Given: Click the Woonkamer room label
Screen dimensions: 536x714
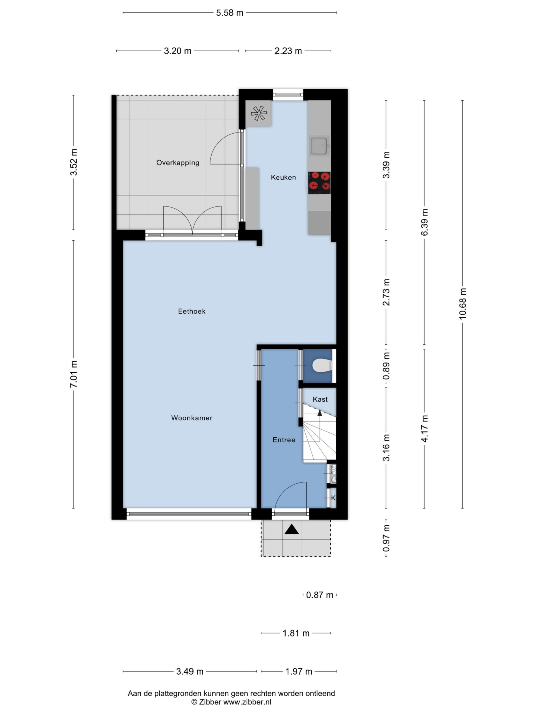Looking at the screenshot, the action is (192, 418).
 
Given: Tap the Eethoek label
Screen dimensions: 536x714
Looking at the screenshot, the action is (192, 312).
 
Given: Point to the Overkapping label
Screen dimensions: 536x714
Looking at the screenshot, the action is (178, 163).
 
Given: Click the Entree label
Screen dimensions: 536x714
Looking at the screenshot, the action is (284, 440).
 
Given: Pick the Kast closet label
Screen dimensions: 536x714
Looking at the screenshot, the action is (320, 399).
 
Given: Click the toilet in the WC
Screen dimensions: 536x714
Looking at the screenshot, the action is (322, 365).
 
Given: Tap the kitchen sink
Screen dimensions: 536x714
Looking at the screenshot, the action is (319, 146).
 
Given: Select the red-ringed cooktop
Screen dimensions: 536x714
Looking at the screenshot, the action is (319, 183).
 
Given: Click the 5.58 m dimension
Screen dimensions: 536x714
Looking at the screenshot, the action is (229, 13).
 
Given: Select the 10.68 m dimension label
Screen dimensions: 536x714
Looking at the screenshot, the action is (463, 304).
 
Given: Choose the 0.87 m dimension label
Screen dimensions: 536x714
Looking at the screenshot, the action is (320, 595).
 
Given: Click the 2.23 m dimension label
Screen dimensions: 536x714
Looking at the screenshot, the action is (288, 51).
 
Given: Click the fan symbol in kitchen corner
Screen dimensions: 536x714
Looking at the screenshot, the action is (259, 113).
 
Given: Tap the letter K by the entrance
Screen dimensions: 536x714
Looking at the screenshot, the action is (333, 498).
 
